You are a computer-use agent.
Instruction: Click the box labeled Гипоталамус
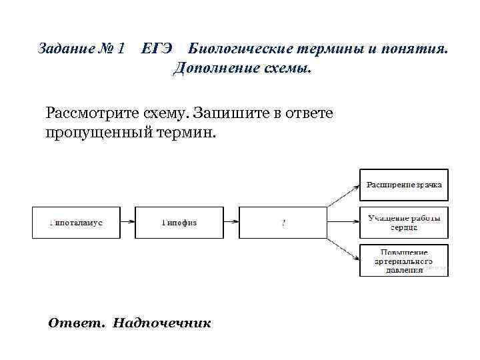(x=76, y=223)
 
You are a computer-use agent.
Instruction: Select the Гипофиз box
(x=179, y=223)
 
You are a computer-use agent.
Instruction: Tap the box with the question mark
(x=283, y=223)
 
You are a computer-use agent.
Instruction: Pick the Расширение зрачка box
(x=404, y=185)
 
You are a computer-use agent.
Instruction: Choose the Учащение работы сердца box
(x=404, y=223)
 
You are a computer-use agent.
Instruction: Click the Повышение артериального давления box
(x=404, y=261)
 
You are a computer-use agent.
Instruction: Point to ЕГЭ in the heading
(x=159, y=49)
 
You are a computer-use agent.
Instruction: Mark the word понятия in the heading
(x=419, y=49)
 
